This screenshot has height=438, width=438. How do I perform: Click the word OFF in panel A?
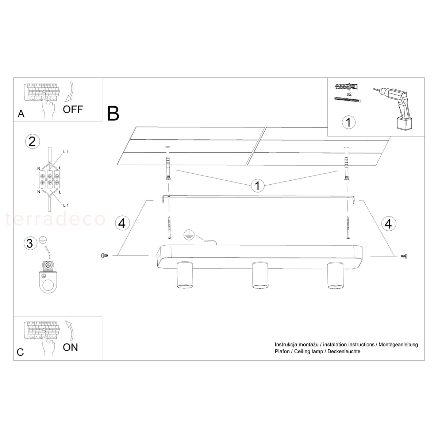73,109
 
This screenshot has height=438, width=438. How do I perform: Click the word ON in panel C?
70,347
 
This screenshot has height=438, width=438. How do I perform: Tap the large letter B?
113,114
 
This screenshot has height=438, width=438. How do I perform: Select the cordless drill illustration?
393,109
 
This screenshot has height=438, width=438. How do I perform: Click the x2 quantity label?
349,94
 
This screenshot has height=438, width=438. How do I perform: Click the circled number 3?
30,243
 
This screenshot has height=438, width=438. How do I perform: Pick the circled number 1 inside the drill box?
349,122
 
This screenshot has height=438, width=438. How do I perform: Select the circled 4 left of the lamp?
122,223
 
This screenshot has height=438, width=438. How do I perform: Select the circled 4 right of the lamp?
388,223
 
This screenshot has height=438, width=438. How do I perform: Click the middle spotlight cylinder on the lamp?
260,275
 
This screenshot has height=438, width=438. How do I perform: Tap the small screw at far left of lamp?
104,255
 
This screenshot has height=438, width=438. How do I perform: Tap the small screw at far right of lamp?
404,256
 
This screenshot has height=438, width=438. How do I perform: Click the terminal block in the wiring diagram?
50,179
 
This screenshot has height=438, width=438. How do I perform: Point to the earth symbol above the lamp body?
189,234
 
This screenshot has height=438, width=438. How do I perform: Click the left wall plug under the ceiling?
168,168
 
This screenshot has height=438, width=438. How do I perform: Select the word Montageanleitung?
398,345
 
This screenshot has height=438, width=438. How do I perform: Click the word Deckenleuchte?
344,351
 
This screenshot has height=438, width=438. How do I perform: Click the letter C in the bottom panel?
20,352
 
